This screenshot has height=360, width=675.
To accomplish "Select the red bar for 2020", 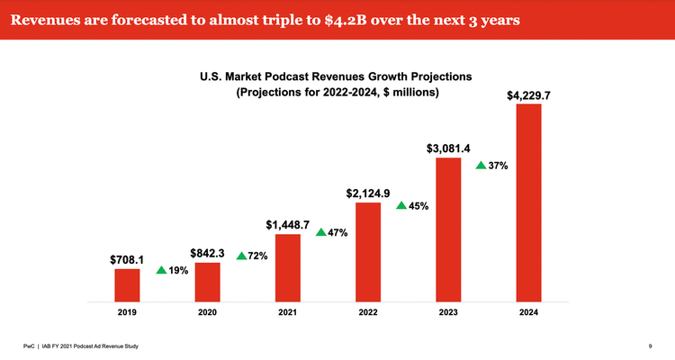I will (x=207, y=281).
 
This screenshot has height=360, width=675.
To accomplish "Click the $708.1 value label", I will (x=127, y=260).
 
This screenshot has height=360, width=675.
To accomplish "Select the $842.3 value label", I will (x=207, y=254).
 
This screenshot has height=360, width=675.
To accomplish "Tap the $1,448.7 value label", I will (x=287, y=224).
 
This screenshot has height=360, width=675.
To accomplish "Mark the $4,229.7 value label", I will (x=529, y=94).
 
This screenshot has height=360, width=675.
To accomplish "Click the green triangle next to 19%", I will (x=160, y=269).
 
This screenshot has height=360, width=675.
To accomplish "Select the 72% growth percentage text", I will (x=257, y=256).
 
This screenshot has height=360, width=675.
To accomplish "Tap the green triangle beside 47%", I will (x=321, y=232).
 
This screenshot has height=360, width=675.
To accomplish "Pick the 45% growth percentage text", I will (x=418, y=206).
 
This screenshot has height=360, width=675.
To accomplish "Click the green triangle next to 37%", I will (x=481, y=166).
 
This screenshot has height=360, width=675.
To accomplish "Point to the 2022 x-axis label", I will (x=368, y=312).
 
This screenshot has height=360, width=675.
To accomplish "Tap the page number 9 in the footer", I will (x=650, y=346).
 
